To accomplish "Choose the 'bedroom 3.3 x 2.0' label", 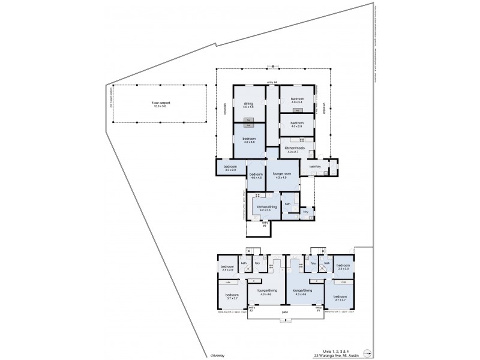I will [x=230, y=168].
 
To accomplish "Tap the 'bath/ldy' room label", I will [x=316, y=166].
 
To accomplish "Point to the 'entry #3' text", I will [x=265, y=224].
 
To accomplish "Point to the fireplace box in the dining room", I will [x=248, y=120].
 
